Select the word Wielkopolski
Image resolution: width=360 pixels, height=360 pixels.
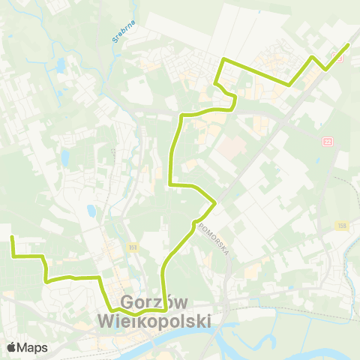(154, 321)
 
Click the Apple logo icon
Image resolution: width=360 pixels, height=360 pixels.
(11, 347)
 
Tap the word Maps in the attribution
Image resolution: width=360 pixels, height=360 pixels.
(33, 347)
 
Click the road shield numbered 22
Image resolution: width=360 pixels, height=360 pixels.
(328, 142)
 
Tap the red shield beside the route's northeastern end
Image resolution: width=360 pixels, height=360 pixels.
(338, 60)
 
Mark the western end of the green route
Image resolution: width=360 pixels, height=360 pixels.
(12, 238)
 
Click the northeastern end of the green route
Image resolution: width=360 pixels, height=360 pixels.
(349, 45)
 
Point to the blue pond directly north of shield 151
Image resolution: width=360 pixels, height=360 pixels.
(91, 211)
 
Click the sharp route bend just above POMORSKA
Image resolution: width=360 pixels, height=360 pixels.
(216, 202)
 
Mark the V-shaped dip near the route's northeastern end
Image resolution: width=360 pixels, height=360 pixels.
(325, 70)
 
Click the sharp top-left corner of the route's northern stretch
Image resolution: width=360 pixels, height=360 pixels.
(223, 58)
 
